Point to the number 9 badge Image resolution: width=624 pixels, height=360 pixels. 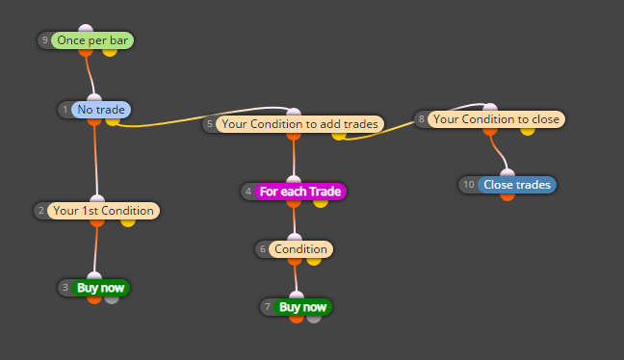pos(45,40)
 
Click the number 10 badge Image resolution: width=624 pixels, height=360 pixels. pos(469,185)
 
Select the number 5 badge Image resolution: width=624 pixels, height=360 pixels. pos(210,124)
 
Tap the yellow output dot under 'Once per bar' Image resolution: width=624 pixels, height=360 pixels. pos(110,52)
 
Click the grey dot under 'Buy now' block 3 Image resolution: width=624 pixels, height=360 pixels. pos(112,299)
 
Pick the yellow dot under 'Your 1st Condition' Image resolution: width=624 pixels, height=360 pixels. pos(128,222)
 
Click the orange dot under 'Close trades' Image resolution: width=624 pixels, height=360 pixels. pos(507,196)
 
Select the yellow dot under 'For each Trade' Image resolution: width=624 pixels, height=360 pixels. pos(321,203)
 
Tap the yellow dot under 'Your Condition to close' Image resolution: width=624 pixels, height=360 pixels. pos(528,131)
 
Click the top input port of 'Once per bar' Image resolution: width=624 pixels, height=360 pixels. pos(86,28)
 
